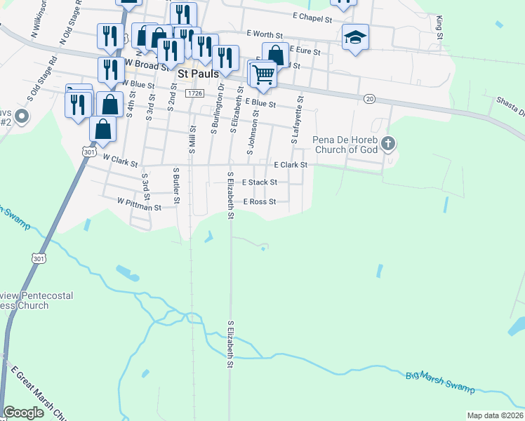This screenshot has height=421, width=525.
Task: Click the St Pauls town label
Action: [198, 73]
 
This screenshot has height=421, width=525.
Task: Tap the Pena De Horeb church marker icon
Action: [388, 145]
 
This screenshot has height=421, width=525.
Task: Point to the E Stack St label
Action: [259, 182]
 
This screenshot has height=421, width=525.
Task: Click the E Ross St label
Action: [260, 201]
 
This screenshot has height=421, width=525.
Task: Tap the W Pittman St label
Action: [139, 207]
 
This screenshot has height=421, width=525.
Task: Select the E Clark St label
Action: [291, 165]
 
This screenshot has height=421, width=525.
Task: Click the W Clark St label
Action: [120, 161]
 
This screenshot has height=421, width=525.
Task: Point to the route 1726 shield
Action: [196, 93]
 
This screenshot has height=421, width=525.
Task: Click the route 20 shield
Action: [370, 99]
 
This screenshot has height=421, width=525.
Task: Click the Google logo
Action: [24, 413]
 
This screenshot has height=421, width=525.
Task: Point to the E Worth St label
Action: [264, 33]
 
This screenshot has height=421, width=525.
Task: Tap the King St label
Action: [440, 26]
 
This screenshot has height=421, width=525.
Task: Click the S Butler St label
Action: [177, 186]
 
